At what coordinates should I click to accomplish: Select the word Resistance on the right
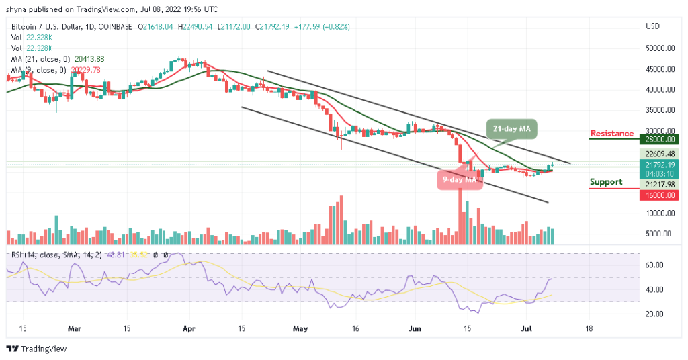[611, 134]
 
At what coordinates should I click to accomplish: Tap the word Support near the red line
[606, 182]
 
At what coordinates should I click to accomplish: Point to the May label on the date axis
[300, 329]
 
